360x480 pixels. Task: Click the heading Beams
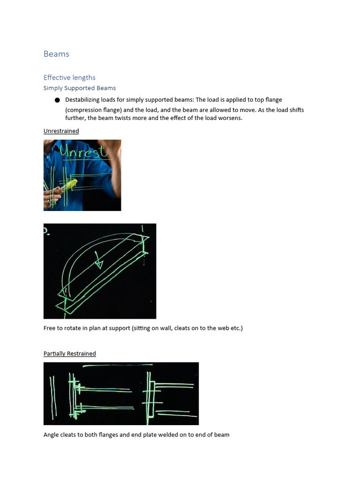point(56,54)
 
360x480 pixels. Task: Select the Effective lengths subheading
point(69,77)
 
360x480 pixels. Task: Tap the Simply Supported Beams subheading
point(80,88)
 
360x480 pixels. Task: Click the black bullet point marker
point(57,100)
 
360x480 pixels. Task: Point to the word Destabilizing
point(82,100)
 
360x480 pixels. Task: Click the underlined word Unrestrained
point(61,131)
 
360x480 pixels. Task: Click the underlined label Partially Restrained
point(69,353)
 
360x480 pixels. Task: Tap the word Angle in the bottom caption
point(52,435)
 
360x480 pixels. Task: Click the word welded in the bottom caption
point(175,435)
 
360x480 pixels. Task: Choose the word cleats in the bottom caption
point(68,435)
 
